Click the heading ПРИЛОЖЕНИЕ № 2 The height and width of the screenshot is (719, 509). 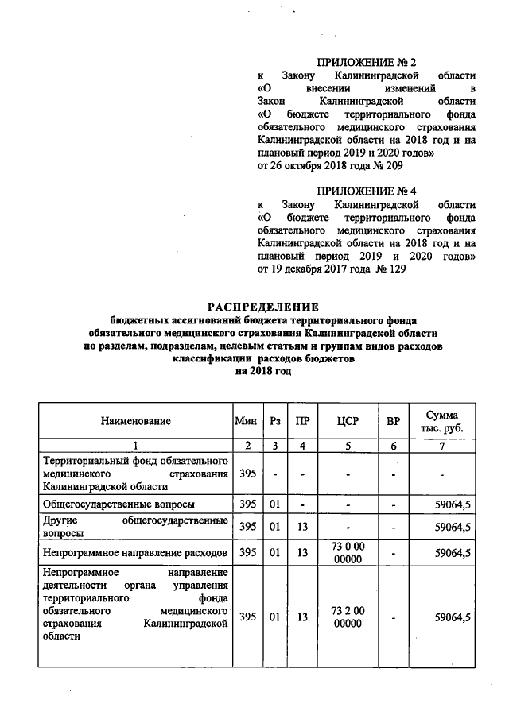click(x=367, y=61)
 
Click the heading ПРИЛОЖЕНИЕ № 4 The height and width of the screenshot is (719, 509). click(x=367, y=191)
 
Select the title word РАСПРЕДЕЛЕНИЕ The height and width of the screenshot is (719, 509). click(x=263, y=307)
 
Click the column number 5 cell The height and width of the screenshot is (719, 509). click(x=348, y=445)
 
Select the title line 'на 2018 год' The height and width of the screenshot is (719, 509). click(x=263, y=370)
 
